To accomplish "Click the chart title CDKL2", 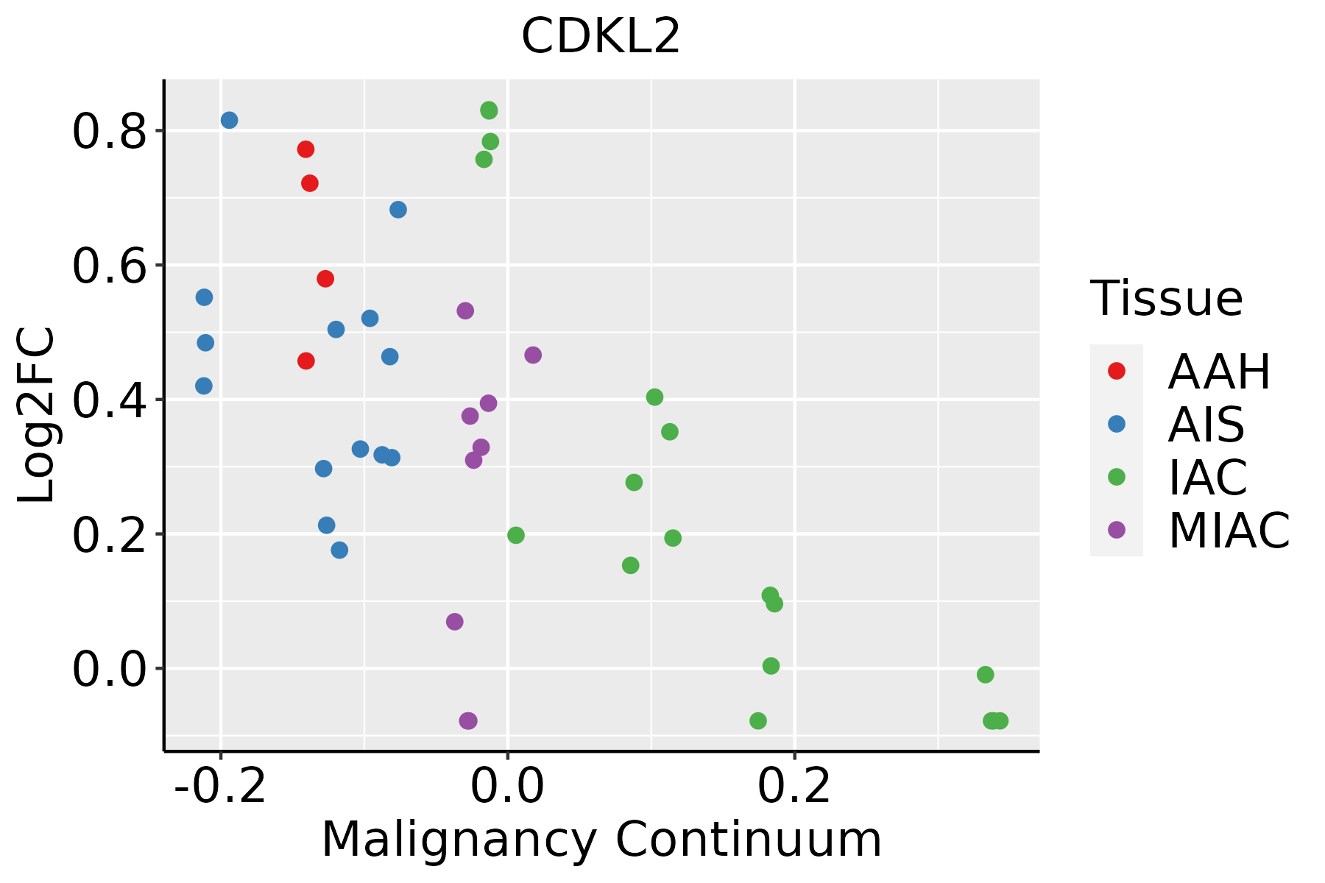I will [601, 37].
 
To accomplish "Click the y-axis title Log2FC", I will [37, 416].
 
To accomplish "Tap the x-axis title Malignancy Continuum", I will [601, 840].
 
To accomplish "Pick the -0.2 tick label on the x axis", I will [220, 787].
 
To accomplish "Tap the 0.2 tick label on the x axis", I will [795, 787].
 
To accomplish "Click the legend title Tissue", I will [1167, 299].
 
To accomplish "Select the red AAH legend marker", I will [1117, 371].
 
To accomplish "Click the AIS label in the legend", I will [1206, 425].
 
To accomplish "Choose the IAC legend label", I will [1207, 477].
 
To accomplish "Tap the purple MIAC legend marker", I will [1117, 530].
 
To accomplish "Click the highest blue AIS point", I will [230, 120].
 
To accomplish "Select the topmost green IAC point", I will [489, 110].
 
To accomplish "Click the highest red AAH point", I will [305, 149].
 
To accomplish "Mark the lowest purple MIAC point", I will [468, 720].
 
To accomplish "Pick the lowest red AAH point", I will [306, 361].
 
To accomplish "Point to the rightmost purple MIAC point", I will [533, 355].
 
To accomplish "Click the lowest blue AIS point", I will [339, 550].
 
